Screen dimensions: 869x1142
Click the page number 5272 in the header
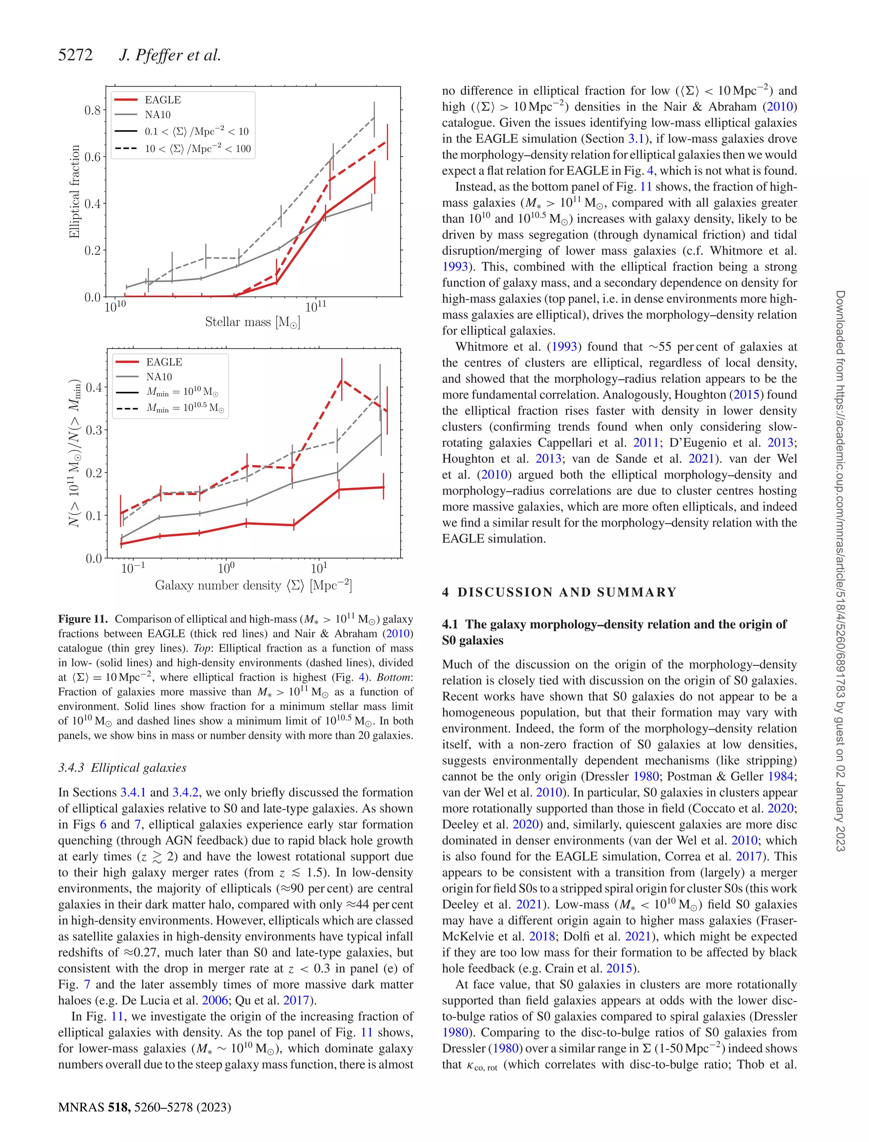76,55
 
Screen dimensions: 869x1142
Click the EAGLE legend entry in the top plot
163,100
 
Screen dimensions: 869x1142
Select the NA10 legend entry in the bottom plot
159,376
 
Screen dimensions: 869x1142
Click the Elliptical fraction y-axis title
75,191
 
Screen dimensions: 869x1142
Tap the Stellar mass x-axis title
252,322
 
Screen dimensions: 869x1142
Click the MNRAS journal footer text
144,1107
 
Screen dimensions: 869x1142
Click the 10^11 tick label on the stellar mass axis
316,307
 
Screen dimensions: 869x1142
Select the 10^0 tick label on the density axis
226,568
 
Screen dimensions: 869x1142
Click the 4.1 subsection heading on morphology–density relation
614,632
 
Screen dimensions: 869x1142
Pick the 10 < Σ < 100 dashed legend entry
197,149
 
